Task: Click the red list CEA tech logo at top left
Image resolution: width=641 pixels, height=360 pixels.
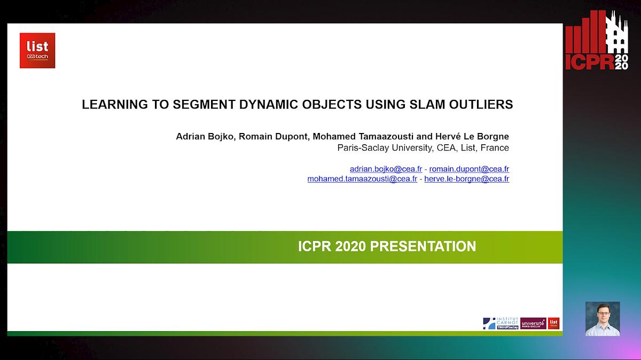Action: (37, 51)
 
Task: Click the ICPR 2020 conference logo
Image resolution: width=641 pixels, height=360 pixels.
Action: (597, 42)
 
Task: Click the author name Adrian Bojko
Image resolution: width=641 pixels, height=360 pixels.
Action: (205, 136)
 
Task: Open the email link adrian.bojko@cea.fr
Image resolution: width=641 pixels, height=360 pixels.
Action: (386, 169)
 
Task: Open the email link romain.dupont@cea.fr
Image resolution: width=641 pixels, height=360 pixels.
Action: (469, 169)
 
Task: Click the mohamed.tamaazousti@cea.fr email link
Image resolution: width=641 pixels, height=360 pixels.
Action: (362, 179)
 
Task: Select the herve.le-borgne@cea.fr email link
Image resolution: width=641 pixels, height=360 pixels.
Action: (466, 179)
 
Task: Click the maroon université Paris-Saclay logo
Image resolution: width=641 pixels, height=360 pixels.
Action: (533, 323)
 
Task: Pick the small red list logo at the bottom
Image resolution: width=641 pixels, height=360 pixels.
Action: (553, 323)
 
